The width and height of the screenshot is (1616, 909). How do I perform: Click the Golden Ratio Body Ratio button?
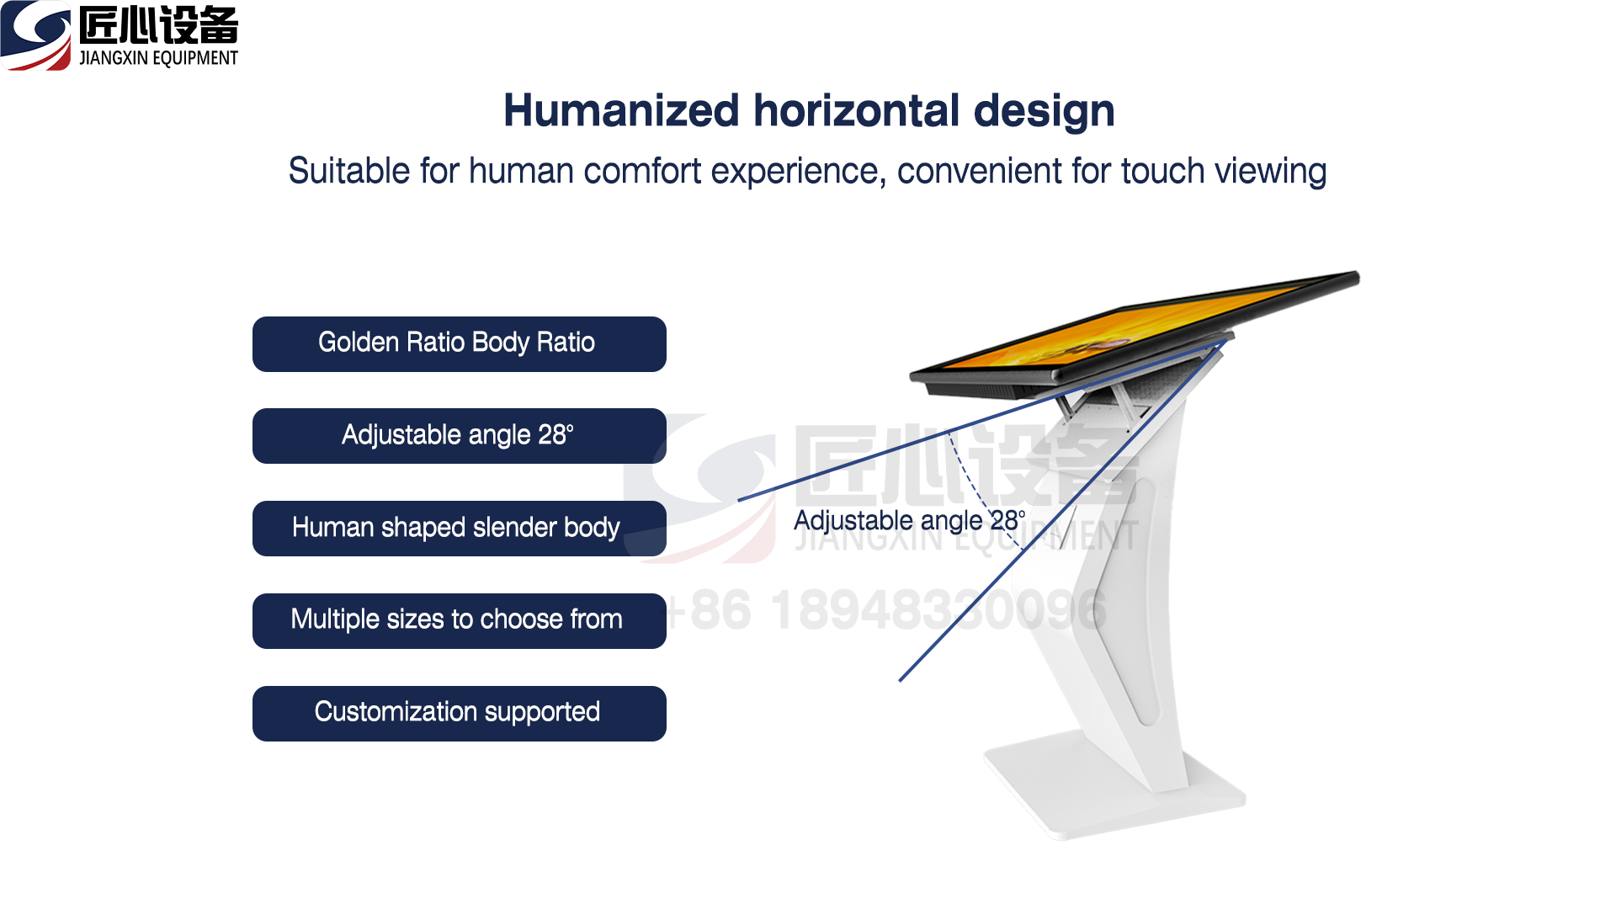click(x=460, y=344)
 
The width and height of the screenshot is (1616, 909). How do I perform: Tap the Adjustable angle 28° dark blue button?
click(x=460, y=436)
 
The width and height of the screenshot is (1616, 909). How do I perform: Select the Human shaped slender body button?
click(x=460, y=529)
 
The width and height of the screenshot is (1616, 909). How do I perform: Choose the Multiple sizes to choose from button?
click(x=460, y=621)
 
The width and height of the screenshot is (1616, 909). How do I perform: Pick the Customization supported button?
click(x=460, y=714)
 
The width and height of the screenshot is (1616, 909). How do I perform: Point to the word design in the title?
click(x=1044, y=112)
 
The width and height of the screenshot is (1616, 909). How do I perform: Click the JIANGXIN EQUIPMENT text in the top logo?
click(x=158, y=58)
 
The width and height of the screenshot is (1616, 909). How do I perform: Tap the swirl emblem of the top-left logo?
click(x=35, y=35)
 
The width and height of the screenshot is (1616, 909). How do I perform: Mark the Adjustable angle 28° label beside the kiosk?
click(x=910, y=521)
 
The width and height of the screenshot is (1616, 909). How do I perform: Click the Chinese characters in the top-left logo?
click(x=158, y=25)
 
